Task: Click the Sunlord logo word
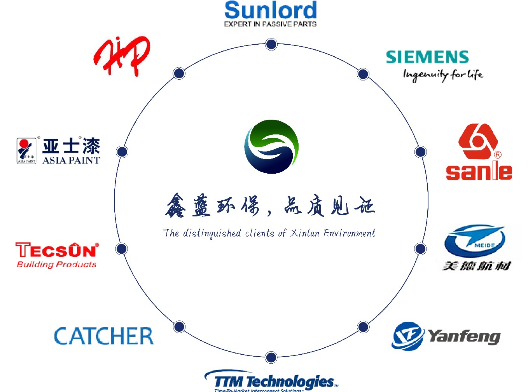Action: coord(271,10)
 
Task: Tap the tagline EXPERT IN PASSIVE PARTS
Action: coord(270,24)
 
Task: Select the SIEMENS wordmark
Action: coord(427,57)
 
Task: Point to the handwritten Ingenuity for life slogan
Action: coord(443,74)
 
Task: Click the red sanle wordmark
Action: coord(479,171)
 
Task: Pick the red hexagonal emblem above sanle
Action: coord(478,141)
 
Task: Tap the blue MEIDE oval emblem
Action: coord(475,241)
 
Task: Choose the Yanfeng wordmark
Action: coord(464,336)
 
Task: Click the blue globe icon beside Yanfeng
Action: coord(407,336)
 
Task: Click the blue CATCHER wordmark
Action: coord(104,336)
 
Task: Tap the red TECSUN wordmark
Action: coord(57,250)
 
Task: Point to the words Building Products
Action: coord(56,265)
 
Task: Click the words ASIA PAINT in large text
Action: coord(71,160)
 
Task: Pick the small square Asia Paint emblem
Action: coord(26,150)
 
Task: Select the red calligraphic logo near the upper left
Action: coord(122,56)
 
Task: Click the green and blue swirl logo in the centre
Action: coord(271,146)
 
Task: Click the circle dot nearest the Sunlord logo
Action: coord(271,44)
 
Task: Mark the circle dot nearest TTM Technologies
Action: coord(271,357)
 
